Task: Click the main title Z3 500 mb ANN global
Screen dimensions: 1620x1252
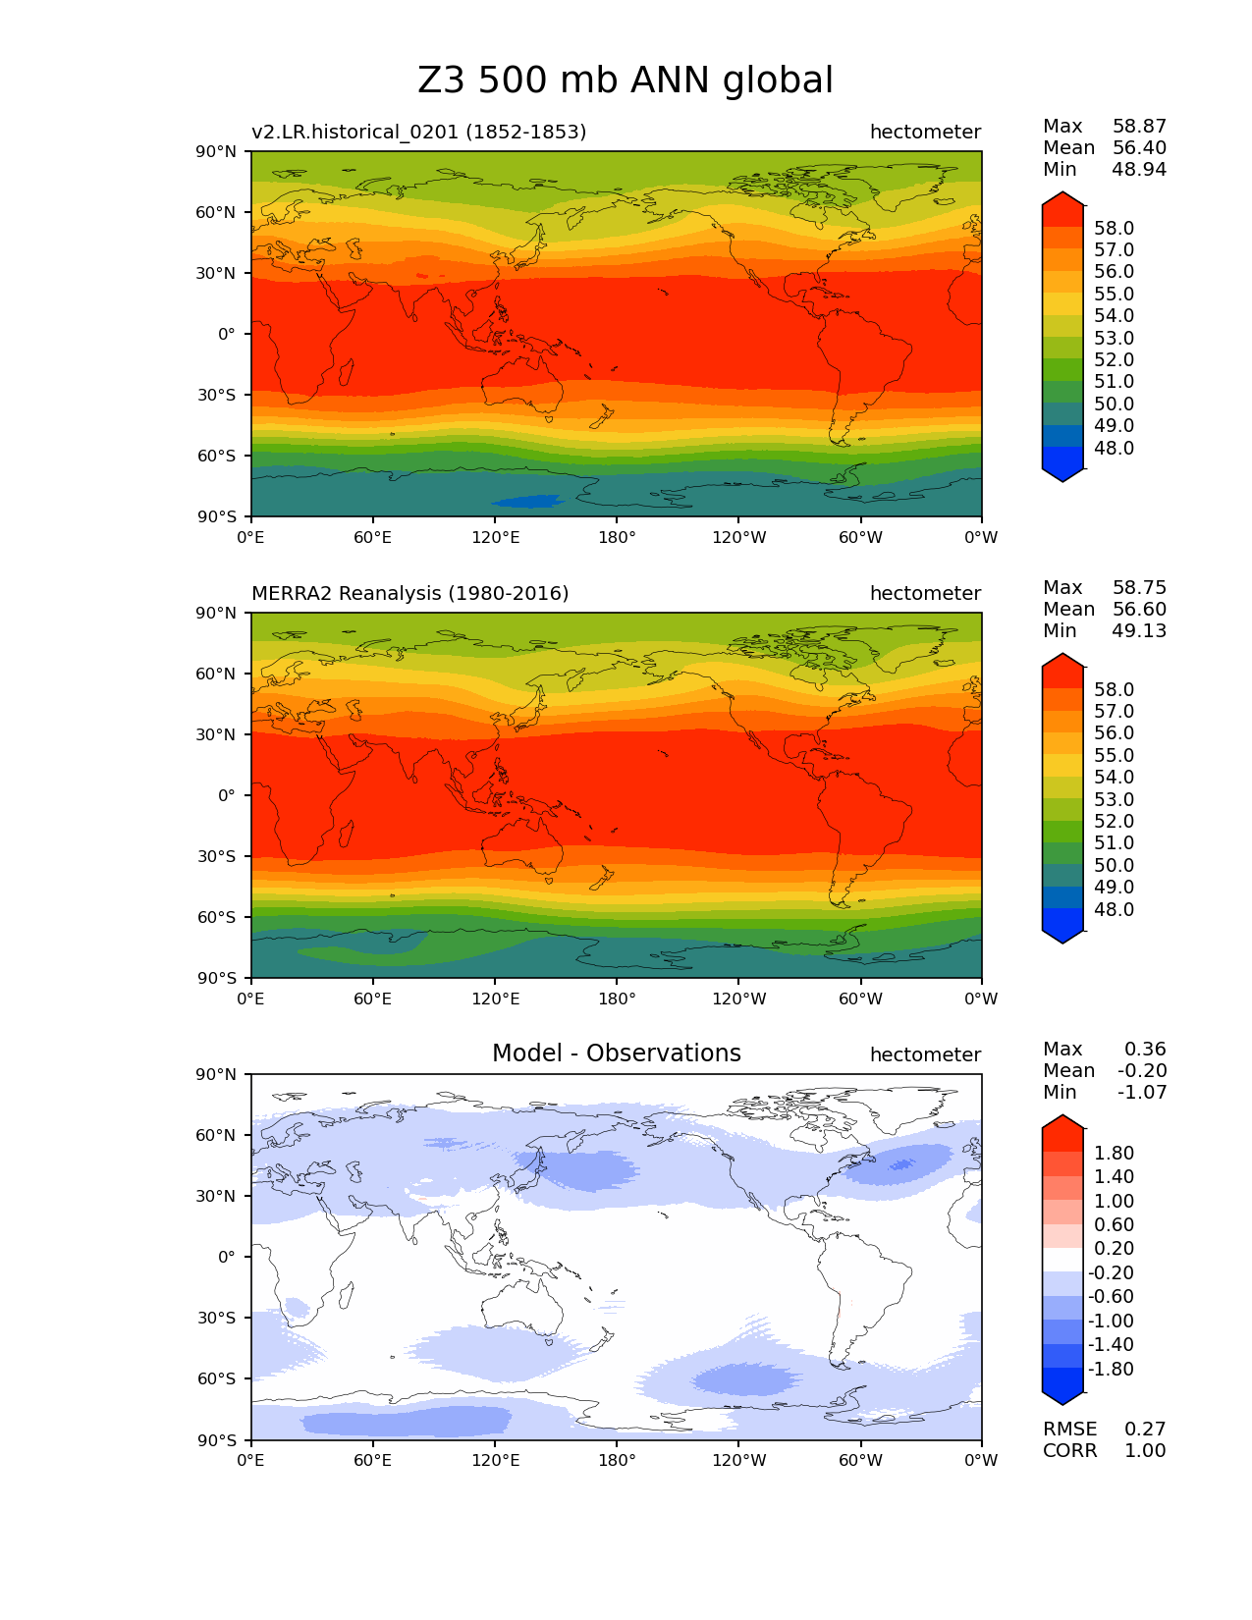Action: click(x=626, y=81)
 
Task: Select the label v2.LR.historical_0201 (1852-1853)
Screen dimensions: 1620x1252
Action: click(x=418, y=132)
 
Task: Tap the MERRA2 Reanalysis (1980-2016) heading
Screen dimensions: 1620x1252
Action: click(x=409, y=593)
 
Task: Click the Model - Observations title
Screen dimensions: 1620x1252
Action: click(x=616, y=1053)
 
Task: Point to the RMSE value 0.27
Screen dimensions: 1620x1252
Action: click(x=1145, y=1429)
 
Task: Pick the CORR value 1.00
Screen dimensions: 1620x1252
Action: click(x=1145, y=1450)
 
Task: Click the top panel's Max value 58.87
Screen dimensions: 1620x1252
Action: click(x=1139, y=126)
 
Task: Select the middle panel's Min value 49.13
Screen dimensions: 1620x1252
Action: click(x=1139, y=630)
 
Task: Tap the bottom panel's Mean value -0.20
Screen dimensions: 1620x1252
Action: click(x=1142, y=1070)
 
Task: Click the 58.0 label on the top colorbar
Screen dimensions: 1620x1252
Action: click(x=1114, y=228)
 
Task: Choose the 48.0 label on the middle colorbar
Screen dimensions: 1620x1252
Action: click(x=1114, y=909)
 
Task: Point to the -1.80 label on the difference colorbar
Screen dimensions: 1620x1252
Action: click(x=1111, y=1369)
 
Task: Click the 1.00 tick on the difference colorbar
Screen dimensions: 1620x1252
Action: click(x=1114, y=1201)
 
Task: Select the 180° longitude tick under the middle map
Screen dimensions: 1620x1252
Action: click(x=617, y=999)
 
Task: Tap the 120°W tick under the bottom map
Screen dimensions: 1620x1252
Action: click(x=738, y=1460)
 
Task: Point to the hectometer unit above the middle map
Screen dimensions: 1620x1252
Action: click(x=925, y=593)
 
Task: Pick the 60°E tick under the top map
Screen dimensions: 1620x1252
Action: click(x=373, y=537)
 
